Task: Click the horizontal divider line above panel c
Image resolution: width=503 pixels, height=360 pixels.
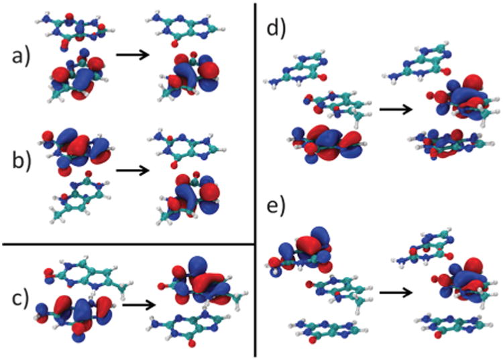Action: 127,243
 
